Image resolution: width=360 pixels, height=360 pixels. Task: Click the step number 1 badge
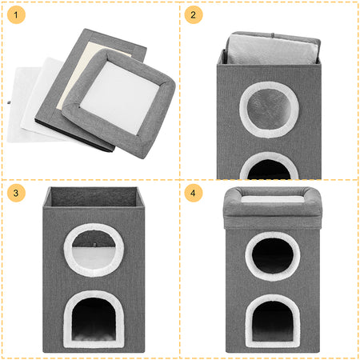(16, 14)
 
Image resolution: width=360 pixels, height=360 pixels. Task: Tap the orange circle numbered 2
(194, 14)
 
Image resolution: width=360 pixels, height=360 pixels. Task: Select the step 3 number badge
(16, 193)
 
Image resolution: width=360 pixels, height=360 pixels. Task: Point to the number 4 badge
(194, 193)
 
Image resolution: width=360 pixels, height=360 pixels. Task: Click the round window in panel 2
(269, 110)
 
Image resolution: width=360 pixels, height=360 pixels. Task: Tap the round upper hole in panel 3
(94, 250)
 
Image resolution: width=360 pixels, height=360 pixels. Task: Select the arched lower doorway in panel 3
(94, 319)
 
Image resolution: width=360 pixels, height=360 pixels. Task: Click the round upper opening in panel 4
(273, 256)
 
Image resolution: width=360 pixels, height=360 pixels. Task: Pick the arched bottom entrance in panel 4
(273, 321)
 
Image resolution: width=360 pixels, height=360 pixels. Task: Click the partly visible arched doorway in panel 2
(269, 166)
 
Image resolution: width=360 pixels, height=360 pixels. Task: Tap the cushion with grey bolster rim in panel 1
(119, 102)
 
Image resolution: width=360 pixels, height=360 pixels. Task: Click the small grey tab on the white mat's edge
(9, 102)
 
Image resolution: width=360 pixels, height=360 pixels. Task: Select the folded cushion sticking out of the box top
(273, 48)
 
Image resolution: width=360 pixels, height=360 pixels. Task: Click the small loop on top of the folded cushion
(272, 35)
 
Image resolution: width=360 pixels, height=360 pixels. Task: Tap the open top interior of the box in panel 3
(94, 197)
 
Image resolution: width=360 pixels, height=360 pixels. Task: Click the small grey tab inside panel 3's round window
(94, 244)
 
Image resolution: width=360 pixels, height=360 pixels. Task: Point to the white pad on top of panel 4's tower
(273, 199)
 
